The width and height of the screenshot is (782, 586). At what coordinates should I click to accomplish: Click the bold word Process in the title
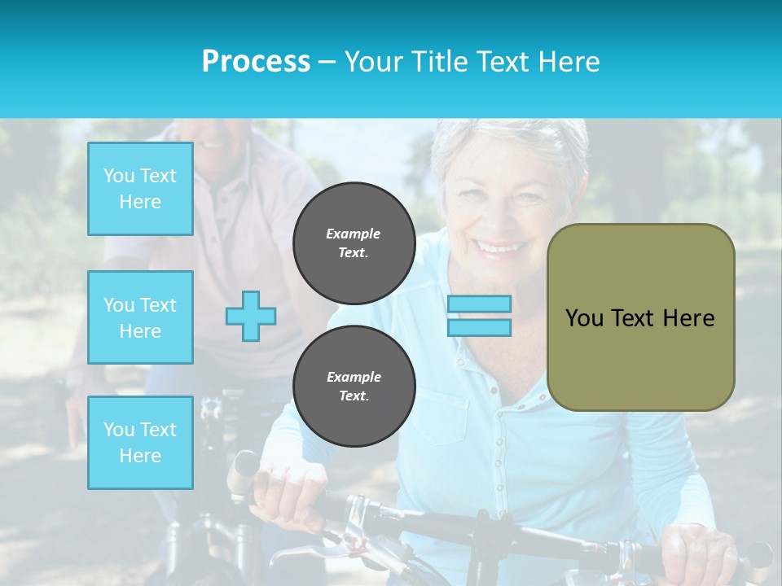pyautogui.click(x=256, y=62)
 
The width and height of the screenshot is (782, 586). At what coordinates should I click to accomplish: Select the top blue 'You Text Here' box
pyautogui.click(x=140, y=189)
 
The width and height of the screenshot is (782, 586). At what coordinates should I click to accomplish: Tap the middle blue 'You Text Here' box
pyautogui.click(x=140, y=317)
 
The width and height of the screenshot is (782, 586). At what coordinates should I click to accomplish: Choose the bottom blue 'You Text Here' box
pyautogui.click(x=140, y=443)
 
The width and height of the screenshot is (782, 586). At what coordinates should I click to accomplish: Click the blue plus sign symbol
pyautogui.click(x=251, y=316)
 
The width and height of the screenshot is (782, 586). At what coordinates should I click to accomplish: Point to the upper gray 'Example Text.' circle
pyautogui.click(x=354, y=243)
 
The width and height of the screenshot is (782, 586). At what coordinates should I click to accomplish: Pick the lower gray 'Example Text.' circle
pyautogui.click(x=354, y=386)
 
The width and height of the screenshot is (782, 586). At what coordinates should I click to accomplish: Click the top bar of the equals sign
pyautogui.click(x=480, y=304)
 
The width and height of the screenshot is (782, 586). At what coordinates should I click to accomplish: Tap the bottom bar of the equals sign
pyautogui.click(x=480, y=327)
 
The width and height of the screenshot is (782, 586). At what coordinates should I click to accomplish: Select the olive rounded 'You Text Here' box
pyautogui.click(x=640, y=317)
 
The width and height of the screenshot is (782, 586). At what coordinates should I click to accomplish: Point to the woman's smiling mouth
pyautogui.click(x=499, y=245)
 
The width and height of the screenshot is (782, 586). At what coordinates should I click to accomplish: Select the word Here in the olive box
pyautogui.click(x=688, y=317)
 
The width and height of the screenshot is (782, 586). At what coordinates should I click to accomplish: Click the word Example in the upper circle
pyautogui.click(x=354, y=234)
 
